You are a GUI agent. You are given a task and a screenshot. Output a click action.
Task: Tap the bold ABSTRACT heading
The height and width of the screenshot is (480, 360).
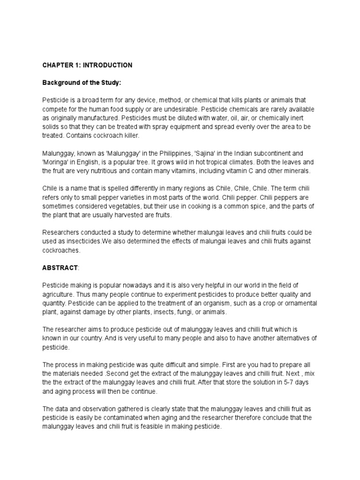click(60, 267)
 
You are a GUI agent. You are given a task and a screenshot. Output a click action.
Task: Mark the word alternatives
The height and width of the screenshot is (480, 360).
click(287, 338)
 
